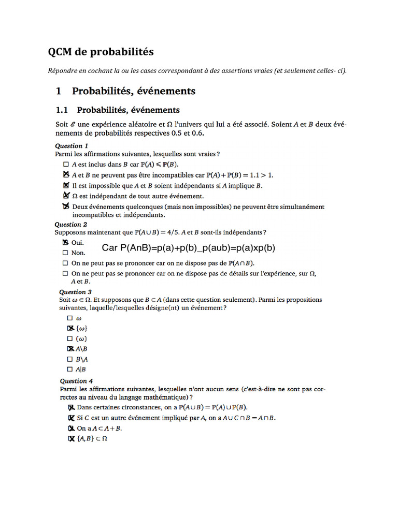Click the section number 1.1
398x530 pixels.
pyautogui.click(x=62, y=110)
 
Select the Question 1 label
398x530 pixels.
pyautogui.click(x=72, y=146)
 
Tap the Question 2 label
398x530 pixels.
pyautogui.click(x=71, y=225)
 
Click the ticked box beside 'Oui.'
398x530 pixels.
pyautogui.click(x=65, y=242)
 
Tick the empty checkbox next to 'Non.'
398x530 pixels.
pyautogui.click(x=65, y=253)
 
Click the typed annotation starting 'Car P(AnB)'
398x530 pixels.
pyautogui.click(x=189, y=248)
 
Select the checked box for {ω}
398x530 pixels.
pyautogui.click(x=70, y=329)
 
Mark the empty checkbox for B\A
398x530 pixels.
pyautogui.click(x=70, y=359)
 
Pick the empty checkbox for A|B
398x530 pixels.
pyautogui.click(x=70, y=370)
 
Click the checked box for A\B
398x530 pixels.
pyautogui.click(x=70, y=349)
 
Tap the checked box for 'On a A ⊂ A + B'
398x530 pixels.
pyautogui.click(x=71, y=429)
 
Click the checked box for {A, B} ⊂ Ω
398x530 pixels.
pyautogui.click(x=71, y=439)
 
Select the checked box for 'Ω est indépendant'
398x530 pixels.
pyautogui.click(x=66, y=196)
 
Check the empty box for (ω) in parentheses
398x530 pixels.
pyautogui.click(x=70, y=339)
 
